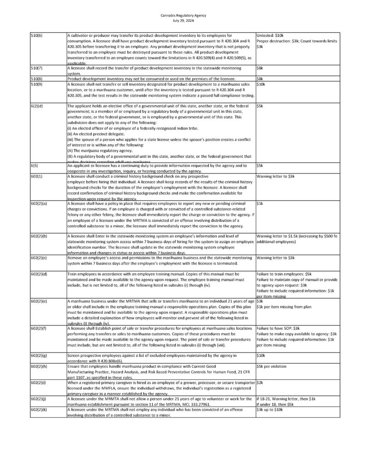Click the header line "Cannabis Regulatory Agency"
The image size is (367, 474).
(183, 15)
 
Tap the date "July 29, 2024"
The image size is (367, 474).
(183, 20)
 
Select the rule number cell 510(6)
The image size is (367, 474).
(36, 35)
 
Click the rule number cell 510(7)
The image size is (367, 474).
(36, 68)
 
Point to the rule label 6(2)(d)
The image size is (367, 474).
(38, 106)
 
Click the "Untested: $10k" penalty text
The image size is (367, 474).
(272, 35)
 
